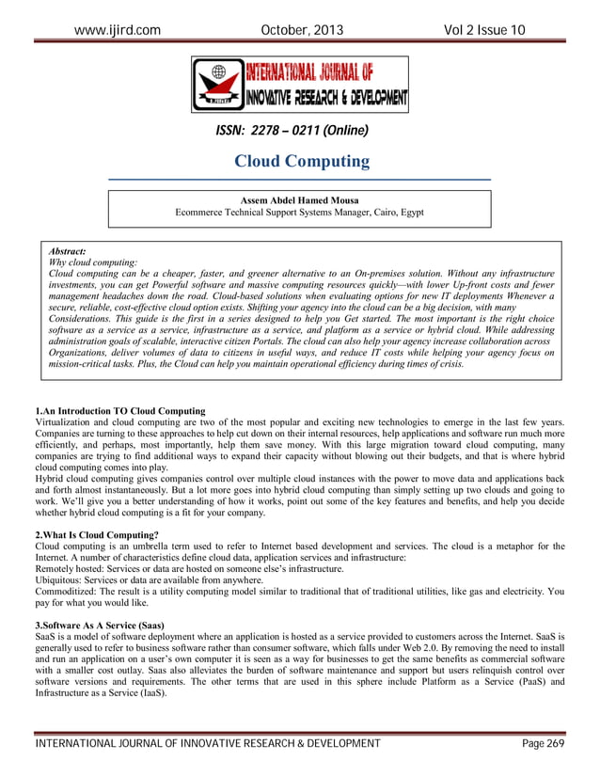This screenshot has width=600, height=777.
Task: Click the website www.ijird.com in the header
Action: pos(117,30)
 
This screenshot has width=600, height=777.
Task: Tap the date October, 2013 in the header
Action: pos(300,30)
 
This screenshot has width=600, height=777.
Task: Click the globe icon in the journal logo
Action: pos(219,72)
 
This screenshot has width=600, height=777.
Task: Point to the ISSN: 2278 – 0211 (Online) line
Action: pos(292,131)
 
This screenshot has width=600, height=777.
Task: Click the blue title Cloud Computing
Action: pos(301,162)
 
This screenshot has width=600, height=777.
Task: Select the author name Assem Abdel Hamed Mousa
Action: pos(299,199)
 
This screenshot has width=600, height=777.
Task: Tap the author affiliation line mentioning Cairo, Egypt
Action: pos(299,213)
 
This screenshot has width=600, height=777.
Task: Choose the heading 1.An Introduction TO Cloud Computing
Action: pos(119,411)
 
